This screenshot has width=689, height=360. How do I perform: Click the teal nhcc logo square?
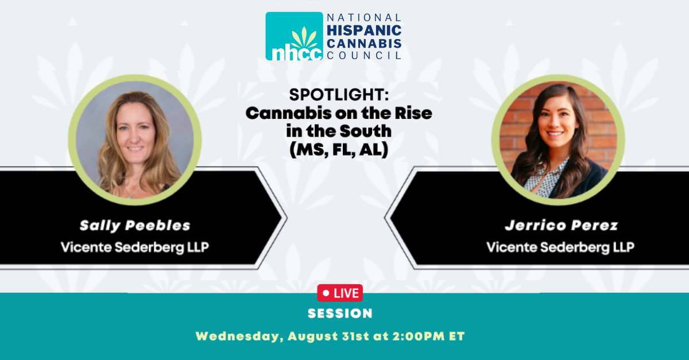click(x=295, y=36)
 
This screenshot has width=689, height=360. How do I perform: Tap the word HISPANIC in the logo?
click(x=364, y=30)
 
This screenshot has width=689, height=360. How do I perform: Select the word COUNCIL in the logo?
click(x=364, y=55)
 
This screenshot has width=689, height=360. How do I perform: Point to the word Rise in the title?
click(x=413, y=113)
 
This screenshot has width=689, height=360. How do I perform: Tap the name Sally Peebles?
click(x=135, y=226)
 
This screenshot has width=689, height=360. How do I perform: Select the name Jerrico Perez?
click(x=562, y=225)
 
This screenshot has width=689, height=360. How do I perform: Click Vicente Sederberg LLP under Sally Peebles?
click(x=135, y=247)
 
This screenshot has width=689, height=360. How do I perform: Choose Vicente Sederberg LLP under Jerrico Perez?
click(x=560, y=247)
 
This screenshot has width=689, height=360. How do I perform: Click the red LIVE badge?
click(x=340, y=293)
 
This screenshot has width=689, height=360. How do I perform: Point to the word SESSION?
click(x=340, y=313)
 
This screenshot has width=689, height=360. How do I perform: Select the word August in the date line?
click(x=313, y=336)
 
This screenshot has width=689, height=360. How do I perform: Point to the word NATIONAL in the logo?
click(x=364, y=18)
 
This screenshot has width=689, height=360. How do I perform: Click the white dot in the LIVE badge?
click(x=326, y=293)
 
